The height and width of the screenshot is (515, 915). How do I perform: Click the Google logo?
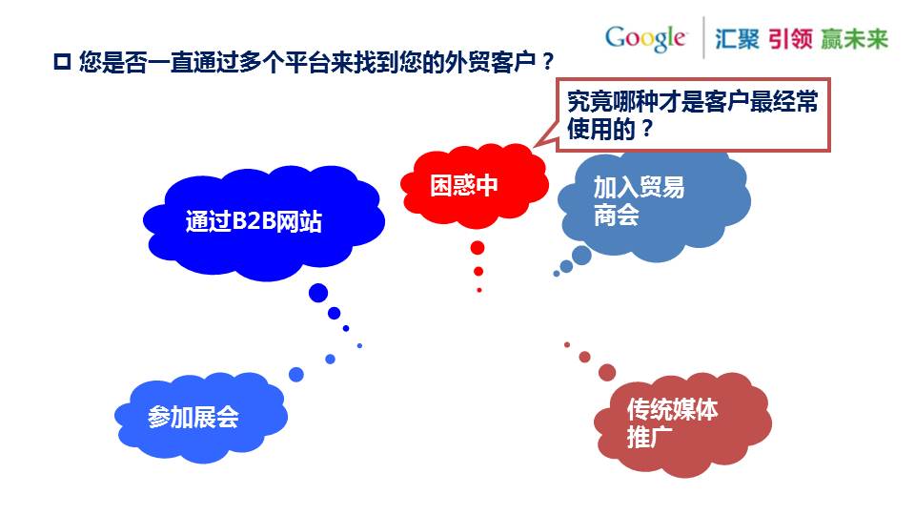click(645, 38)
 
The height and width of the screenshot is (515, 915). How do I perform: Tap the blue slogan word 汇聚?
click(737, 39)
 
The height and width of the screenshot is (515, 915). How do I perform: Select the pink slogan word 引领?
click(790, 39)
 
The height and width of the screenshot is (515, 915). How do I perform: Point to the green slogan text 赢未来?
click(854, 39)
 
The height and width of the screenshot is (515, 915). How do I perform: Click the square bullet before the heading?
click(62, 61)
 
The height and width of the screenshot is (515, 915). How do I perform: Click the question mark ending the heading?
click(547, 61)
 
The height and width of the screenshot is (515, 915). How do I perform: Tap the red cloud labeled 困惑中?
click(475, 186)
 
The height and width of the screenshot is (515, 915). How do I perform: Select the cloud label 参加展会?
click(193, 417)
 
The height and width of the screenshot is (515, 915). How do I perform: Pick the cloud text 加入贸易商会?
click(639, 201)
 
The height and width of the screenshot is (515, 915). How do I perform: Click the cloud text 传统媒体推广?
click(672, 423)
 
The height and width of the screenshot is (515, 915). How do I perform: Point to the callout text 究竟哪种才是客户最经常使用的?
click(693, 115)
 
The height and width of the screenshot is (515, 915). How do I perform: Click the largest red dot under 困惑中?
click(478, 248)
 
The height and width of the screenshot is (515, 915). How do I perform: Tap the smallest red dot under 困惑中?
click(479, 290)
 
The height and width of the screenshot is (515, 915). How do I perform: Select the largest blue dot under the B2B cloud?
click(318, 293)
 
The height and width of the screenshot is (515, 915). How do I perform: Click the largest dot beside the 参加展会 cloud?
click(296, 374)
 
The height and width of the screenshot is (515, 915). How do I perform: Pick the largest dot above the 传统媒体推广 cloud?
click(607, 372)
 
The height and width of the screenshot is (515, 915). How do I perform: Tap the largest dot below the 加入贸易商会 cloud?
click(581, 256)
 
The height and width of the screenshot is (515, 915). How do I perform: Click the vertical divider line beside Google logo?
click(703, 37)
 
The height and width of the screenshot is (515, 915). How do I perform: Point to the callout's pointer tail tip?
click(534, 147)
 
